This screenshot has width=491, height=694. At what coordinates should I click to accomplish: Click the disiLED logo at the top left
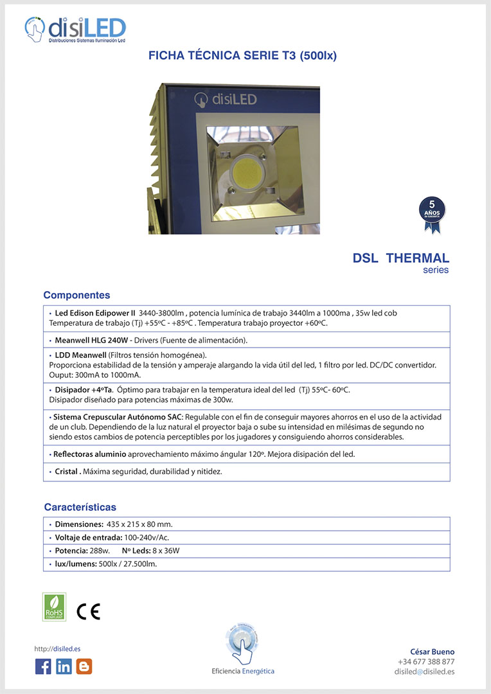[75, 30]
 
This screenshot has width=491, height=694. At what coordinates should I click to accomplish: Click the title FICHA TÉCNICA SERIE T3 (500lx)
[242, 56]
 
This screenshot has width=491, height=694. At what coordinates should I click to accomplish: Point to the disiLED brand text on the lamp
[227, 99]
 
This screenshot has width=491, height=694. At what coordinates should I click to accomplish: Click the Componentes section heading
[76, 295]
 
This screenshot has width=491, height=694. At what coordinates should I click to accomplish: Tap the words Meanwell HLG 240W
[93, 340]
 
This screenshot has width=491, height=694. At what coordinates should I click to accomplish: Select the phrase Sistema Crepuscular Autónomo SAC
[118, 416]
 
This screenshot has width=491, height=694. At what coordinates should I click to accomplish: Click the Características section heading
[80, 507]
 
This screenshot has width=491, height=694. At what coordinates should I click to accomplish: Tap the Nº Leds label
[136, 551]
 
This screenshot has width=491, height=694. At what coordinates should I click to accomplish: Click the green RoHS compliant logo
[54, 607]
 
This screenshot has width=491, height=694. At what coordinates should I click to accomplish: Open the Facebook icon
[43, 666]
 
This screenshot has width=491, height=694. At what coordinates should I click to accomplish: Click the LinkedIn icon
[64, 666]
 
